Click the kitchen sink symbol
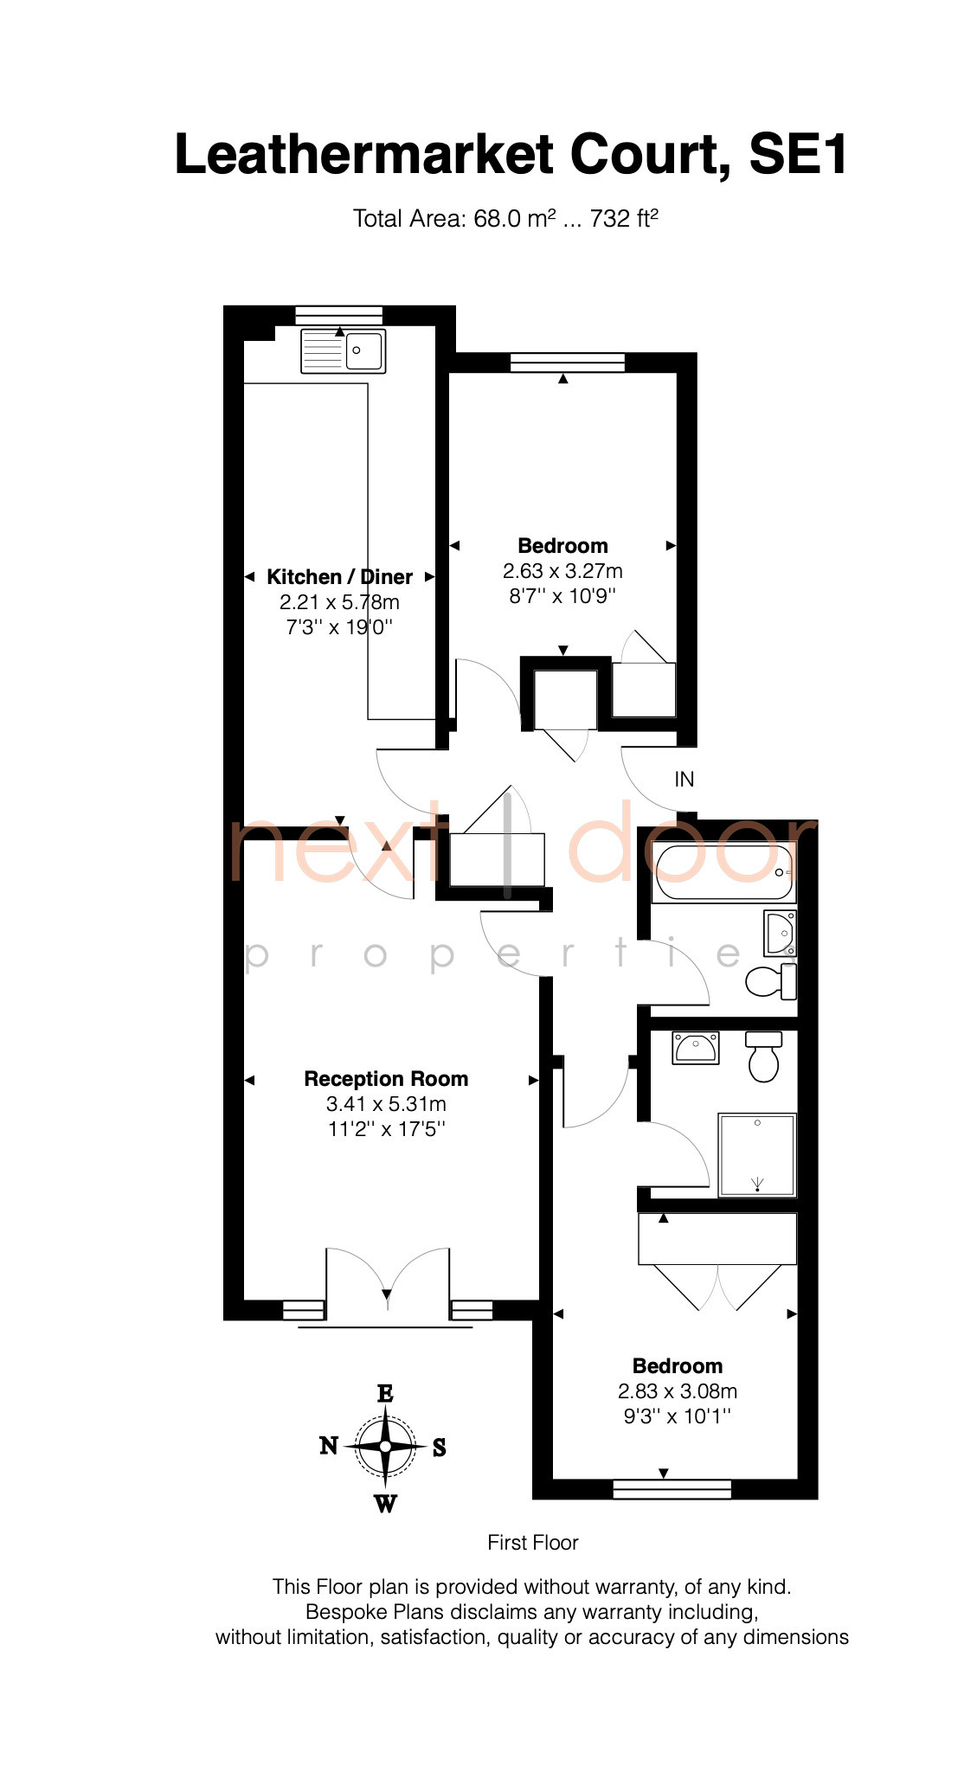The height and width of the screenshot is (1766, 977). (x=343, y=350)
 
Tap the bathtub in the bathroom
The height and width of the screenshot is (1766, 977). (x=723, y=872)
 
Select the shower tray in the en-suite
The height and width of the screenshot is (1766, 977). (x=757, y=1154)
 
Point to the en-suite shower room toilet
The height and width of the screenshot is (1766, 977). (x=763, y=1056)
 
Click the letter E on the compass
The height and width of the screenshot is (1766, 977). (x=385, y=1393)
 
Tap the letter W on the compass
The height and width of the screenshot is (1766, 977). (x=385, y=1503)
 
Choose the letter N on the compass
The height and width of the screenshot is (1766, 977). (x=329, y=1445)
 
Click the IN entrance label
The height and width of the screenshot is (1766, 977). (x=684, y=780)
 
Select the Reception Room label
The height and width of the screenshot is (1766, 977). (x=386, y=1079)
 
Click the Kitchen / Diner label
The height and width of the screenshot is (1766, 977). (x=339, y=577)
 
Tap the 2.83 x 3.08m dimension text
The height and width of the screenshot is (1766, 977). (x=678, y=1391)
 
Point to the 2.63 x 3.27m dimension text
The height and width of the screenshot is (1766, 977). (x=562, y=571)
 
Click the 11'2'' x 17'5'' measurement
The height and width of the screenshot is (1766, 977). (x=386, y=1129)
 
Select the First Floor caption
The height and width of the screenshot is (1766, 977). (x=533, y=1543)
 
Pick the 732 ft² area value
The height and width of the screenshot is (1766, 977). (x=624, y=218)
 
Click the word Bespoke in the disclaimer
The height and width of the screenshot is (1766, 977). (x=346, y=1612)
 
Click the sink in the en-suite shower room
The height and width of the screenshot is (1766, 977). (x=696, y=1048)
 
